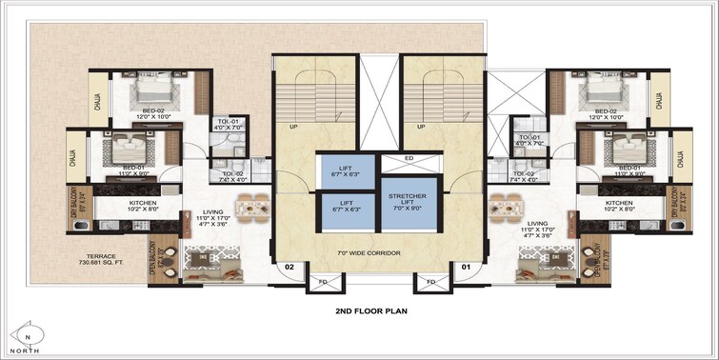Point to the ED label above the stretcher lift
408,158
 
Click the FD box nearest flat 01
430,283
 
